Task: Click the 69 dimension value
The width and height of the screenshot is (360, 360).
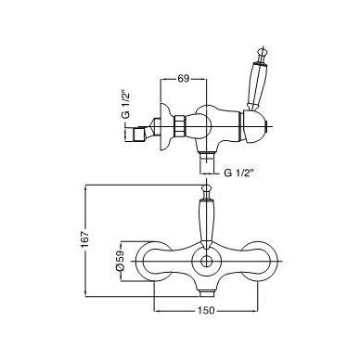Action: coord(183,79)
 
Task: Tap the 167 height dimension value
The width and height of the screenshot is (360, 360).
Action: coord(85,238)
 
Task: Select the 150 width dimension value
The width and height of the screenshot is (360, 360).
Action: coord(205,310)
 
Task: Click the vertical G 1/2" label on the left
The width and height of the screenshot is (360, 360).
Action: coord(125,104)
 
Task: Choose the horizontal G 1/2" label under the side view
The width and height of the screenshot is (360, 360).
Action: coord(238,173)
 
